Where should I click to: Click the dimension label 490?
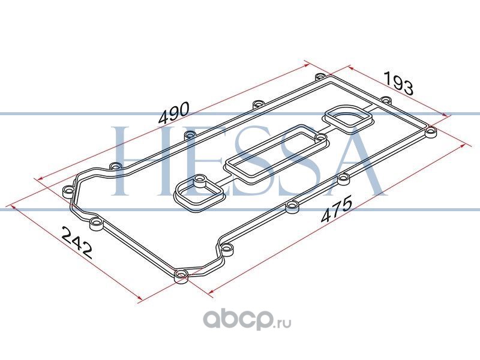pyautogui.click(x=175, y=113)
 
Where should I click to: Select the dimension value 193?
pyautogui.click(x=398, y=83)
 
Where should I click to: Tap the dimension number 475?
pyautogui.click(x=337, y=210)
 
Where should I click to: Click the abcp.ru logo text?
pyautogui.click(x=247, y=320)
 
